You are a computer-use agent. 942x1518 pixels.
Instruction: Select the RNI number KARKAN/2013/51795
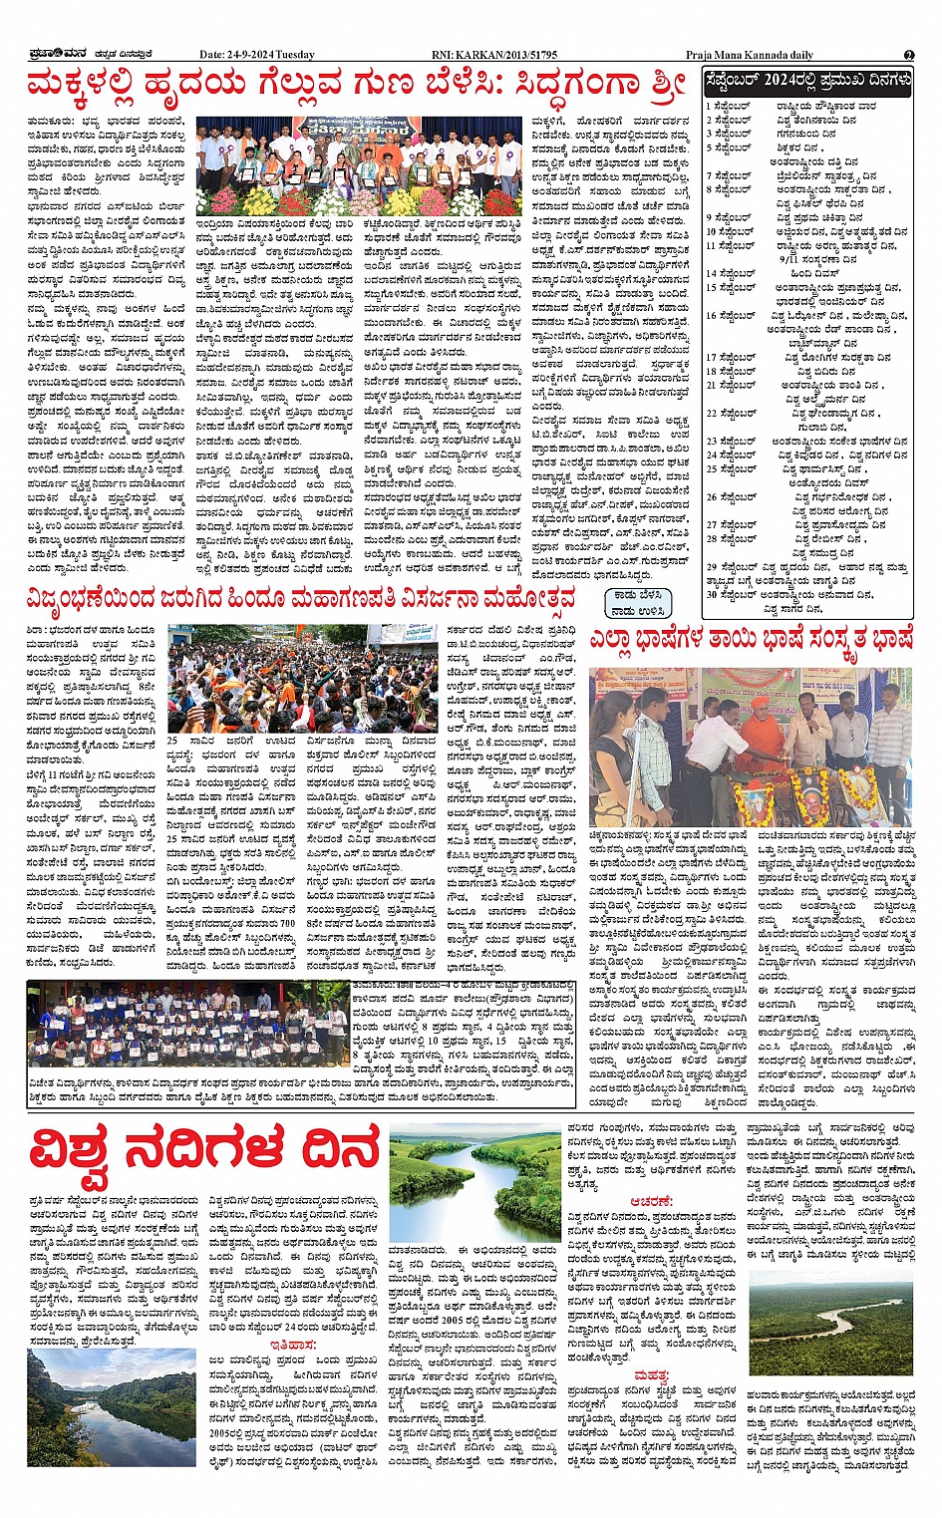[494, 55]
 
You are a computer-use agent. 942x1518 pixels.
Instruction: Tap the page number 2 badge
[909, 55]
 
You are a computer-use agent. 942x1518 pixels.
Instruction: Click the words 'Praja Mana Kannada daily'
[749, 55]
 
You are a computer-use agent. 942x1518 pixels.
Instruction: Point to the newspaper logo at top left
[51, 55]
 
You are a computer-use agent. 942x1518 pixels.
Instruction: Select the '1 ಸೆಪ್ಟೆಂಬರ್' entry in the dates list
[730, 106]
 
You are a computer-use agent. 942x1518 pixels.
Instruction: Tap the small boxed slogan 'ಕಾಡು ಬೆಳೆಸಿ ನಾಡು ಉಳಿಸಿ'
[637, 602]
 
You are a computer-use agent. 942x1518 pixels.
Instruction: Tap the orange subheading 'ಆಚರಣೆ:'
[650, 1202]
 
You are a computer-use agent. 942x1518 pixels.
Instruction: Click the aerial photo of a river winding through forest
[830, 1323]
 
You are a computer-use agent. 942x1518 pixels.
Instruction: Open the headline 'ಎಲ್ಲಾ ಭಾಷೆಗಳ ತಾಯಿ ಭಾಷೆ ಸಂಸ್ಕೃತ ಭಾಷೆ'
[750, 639]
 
